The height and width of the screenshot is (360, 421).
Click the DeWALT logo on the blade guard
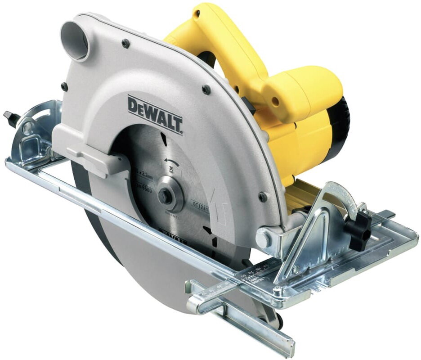pos(155,114)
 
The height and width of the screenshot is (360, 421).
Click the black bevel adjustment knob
pos(360,231)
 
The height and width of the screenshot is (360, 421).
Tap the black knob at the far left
pos(11,118)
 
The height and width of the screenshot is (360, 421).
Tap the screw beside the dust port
pos(125,43)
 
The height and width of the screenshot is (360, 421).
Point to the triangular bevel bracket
pos(310,234)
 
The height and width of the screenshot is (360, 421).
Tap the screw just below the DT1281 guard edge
pos(263,197)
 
